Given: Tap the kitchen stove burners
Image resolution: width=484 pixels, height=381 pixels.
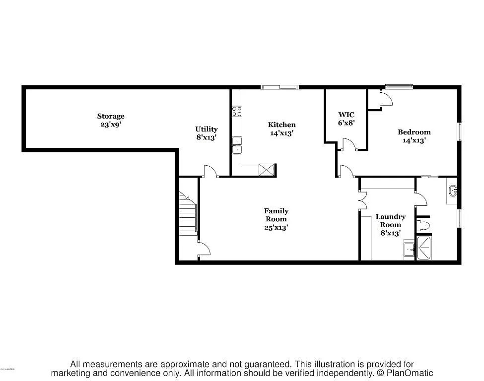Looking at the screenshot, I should (237, 111).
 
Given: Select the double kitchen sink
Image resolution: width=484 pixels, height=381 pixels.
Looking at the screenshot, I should (237, 144).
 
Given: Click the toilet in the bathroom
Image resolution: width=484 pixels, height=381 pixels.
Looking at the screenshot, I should (422, 226).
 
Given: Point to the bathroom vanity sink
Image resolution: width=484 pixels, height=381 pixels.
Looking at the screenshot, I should (452, 191).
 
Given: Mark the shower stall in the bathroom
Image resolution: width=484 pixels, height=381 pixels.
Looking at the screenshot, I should (424, 249).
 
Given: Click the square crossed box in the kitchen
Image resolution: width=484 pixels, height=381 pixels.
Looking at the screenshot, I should (267, 170).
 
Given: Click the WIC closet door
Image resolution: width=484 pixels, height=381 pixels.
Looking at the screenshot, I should (348, 145).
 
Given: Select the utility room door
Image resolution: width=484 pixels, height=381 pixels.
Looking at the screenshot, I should (210, 172).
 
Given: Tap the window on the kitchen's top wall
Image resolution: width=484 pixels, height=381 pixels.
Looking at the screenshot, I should (280, 87).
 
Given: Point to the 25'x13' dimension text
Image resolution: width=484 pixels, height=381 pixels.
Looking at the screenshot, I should (276, 227).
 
